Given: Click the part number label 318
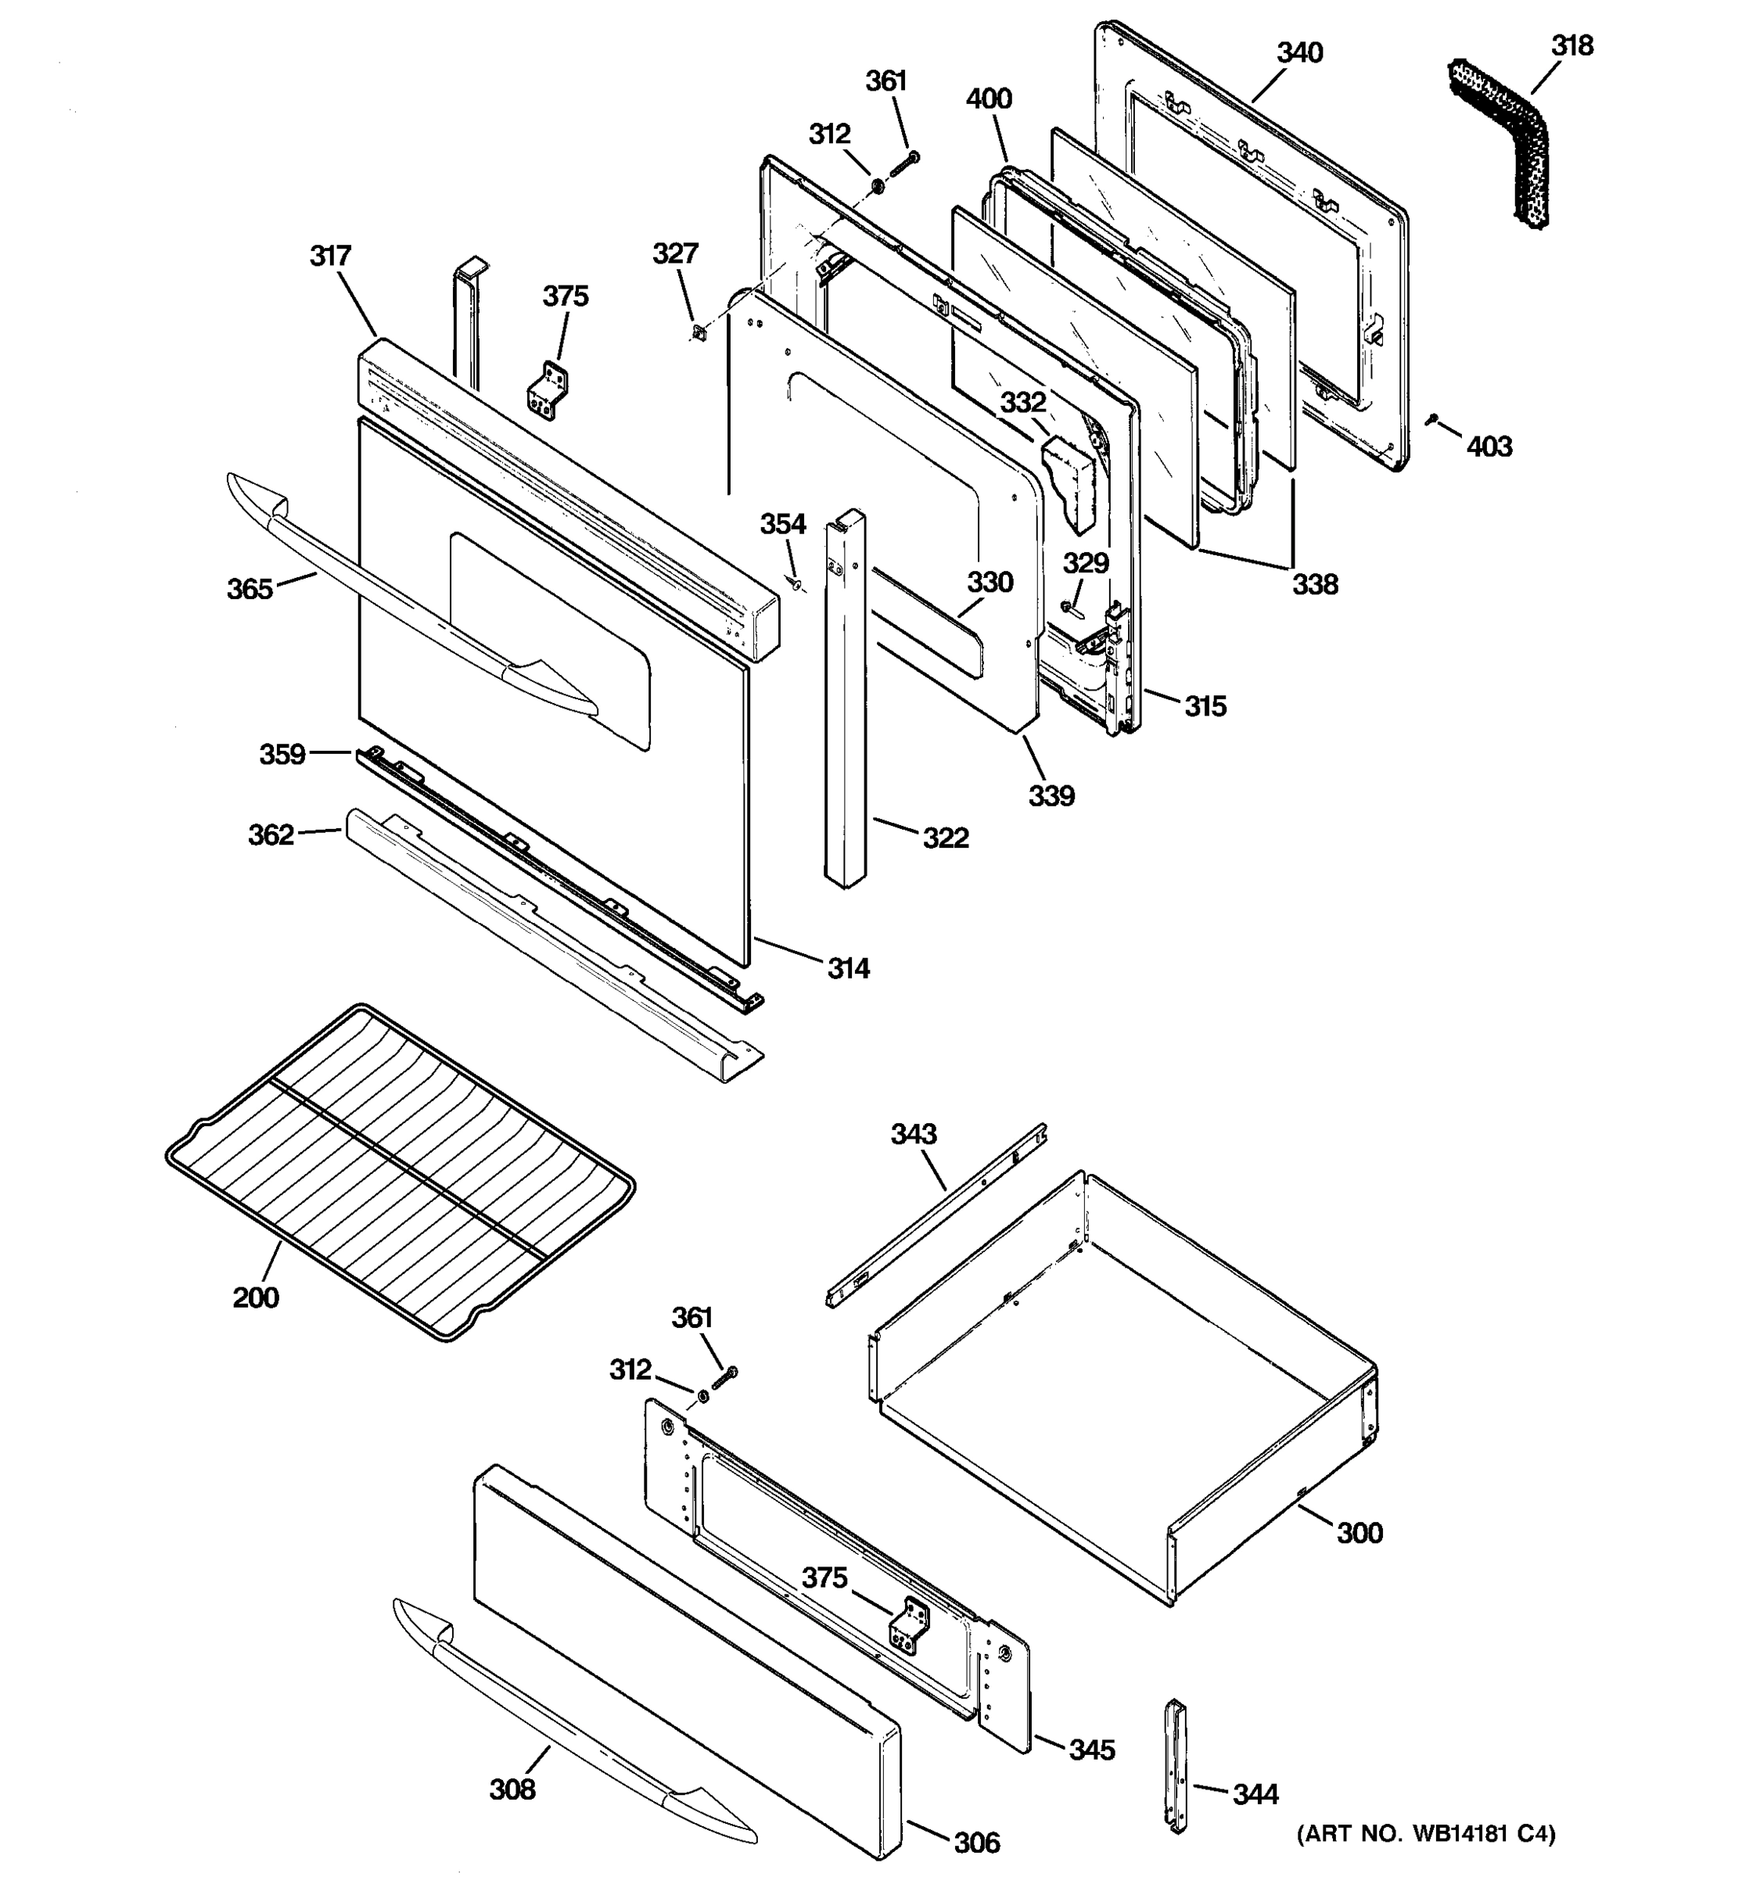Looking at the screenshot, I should pos(1572,46).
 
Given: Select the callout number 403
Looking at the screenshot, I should pos(1489,447).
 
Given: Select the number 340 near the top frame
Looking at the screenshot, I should pos(1299,53).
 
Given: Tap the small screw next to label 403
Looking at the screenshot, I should pos(1433,418).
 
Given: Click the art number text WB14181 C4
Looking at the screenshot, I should pos(1426,1832).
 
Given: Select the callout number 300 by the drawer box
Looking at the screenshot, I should pos(1360,1532).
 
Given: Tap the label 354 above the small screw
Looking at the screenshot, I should pos(783,524).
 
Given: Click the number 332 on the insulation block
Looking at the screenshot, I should pos(1023,403).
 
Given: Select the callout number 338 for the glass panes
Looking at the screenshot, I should pos(1315,584).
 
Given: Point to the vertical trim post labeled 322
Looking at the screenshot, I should pos(844,698).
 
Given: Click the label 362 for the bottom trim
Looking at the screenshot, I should pos(271,834).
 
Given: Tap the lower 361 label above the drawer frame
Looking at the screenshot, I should pos(691,1317).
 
